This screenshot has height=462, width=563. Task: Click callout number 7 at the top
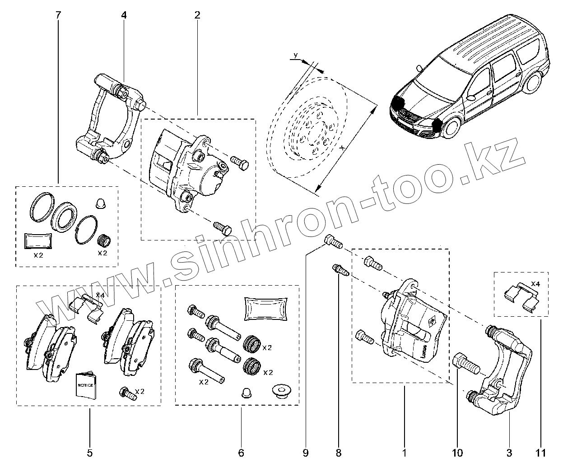tap(58, 15)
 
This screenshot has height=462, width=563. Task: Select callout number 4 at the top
tap(124, 15)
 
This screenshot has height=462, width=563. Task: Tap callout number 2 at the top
tap(197, 15)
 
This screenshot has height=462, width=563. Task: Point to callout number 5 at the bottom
tap(89, 452)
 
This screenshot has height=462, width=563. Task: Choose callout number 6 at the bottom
tap(241, 452)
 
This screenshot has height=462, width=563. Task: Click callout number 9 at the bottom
tap(306, 452)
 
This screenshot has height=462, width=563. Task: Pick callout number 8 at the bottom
tap(339, 452)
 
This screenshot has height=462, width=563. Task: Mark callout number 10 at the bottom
tap(457, 452)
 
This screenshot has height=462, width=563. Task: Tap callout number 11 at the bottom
tap(541, 452)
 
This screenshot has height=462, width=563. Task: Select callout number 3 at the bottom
tap(510, 452)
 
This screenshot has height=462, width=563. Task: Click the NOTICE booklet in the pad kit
tap(86, 386)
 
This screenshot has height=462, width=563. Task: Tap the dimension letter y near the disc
tap(295, 55)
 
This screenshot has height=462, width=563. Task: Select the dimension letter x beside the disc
tap(343, 148)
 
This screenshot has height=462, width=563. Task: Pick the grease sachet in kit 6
tap(265, 309)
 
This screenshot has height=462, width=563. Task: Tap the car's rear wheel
tap(533, 82)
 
